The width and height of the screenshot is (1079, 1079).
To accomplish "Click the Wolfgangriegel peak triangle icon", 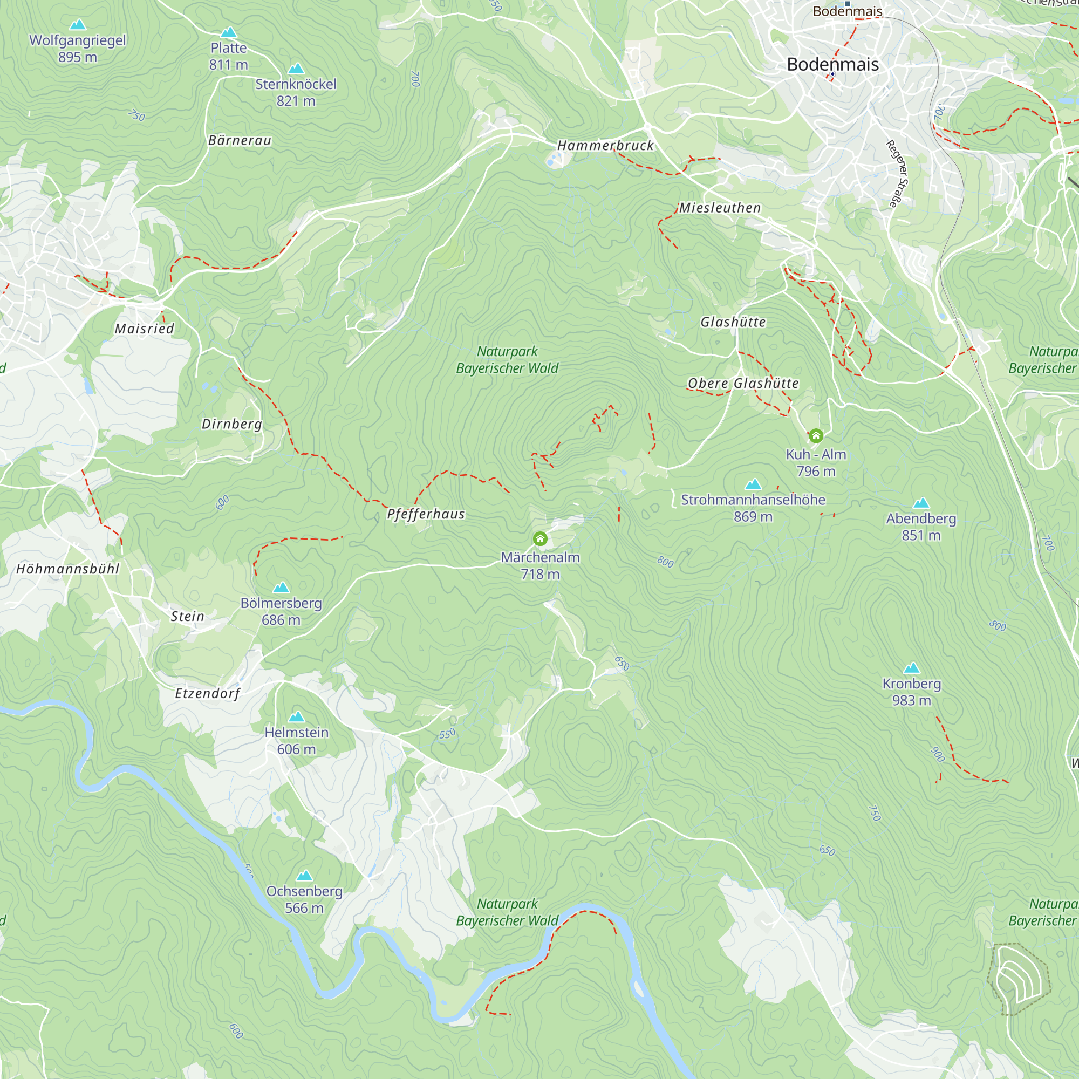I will [78, 25].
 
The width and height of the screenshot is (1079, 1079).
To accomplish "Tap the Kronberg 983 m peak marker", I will [911, 668].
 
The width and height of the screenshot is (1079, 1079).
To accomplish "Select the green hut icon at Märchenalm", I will [540, 538].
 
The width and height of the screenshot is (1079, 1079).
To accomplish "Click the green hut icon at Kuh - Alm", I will [816, 435].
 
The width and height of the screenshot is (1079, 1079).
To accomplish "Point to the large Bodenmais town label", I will [832, 64].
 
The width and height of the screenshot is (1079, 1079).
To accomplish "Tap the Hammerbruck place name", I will [605, 145].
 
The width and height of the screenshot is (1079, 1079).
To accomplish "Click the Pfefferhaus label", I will [426, 514].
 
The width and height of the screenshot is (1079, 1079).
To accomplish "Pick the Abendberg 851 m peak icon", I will [921, 503].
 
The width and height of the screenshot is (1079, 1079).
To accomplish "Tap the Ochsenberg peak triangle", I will [304, 875].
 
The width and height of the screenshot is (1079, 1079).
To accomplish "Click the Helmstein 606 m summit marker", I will [297, 716].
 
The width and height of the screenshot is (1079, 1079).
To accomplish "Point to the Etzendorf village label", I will [207, 693].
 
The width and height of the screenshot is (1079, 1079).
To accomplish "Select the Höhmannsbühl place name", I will [67, 569].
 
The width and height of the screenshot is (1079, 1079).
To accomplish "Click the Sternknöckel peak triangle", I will [296, 68].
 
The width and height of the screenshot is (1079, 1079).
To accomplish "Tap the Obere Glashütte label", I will [743, 383].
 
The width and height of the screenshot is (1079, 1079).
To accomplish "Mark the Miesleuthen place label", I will [720, 208].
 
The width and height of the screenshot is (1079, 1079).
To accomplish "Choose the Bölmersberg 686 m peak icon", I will [281, 587].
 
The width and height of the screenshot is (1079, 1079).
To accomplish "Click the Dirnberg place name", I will [232, 424].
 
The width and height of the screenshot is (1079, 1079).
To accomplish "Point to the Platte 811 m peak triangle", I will [228, 32].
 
